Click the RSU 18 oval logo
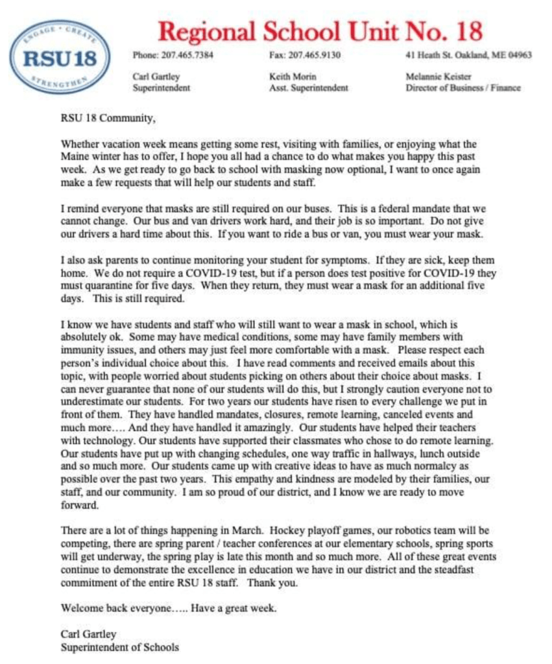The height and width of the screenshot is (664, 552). pyautogui.click(x=59, y=56)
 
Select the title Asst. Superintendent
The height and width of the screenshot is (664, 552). pyautogui.click(x=308, y=88)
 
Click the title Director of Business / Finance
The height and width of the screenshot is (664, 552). pyautogui.click(x=462, y=88)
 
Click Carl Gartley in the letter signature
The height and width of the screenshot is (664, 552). pyautogui.click(x=88, y=634)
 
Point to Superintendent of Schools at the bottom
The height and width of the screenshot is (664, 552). pyautogui.click(x=119, y=646)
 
